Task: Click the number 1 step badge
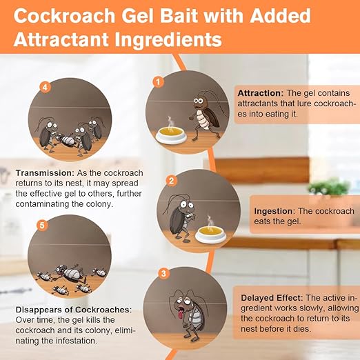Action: point(158,81)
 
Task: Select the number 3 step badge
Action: point(163,273)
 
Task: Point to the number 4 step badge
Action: point(45,88)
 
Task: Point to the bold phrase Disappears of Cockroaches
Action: point(73,310)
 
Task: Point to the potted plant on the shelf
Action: point(328,187)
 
